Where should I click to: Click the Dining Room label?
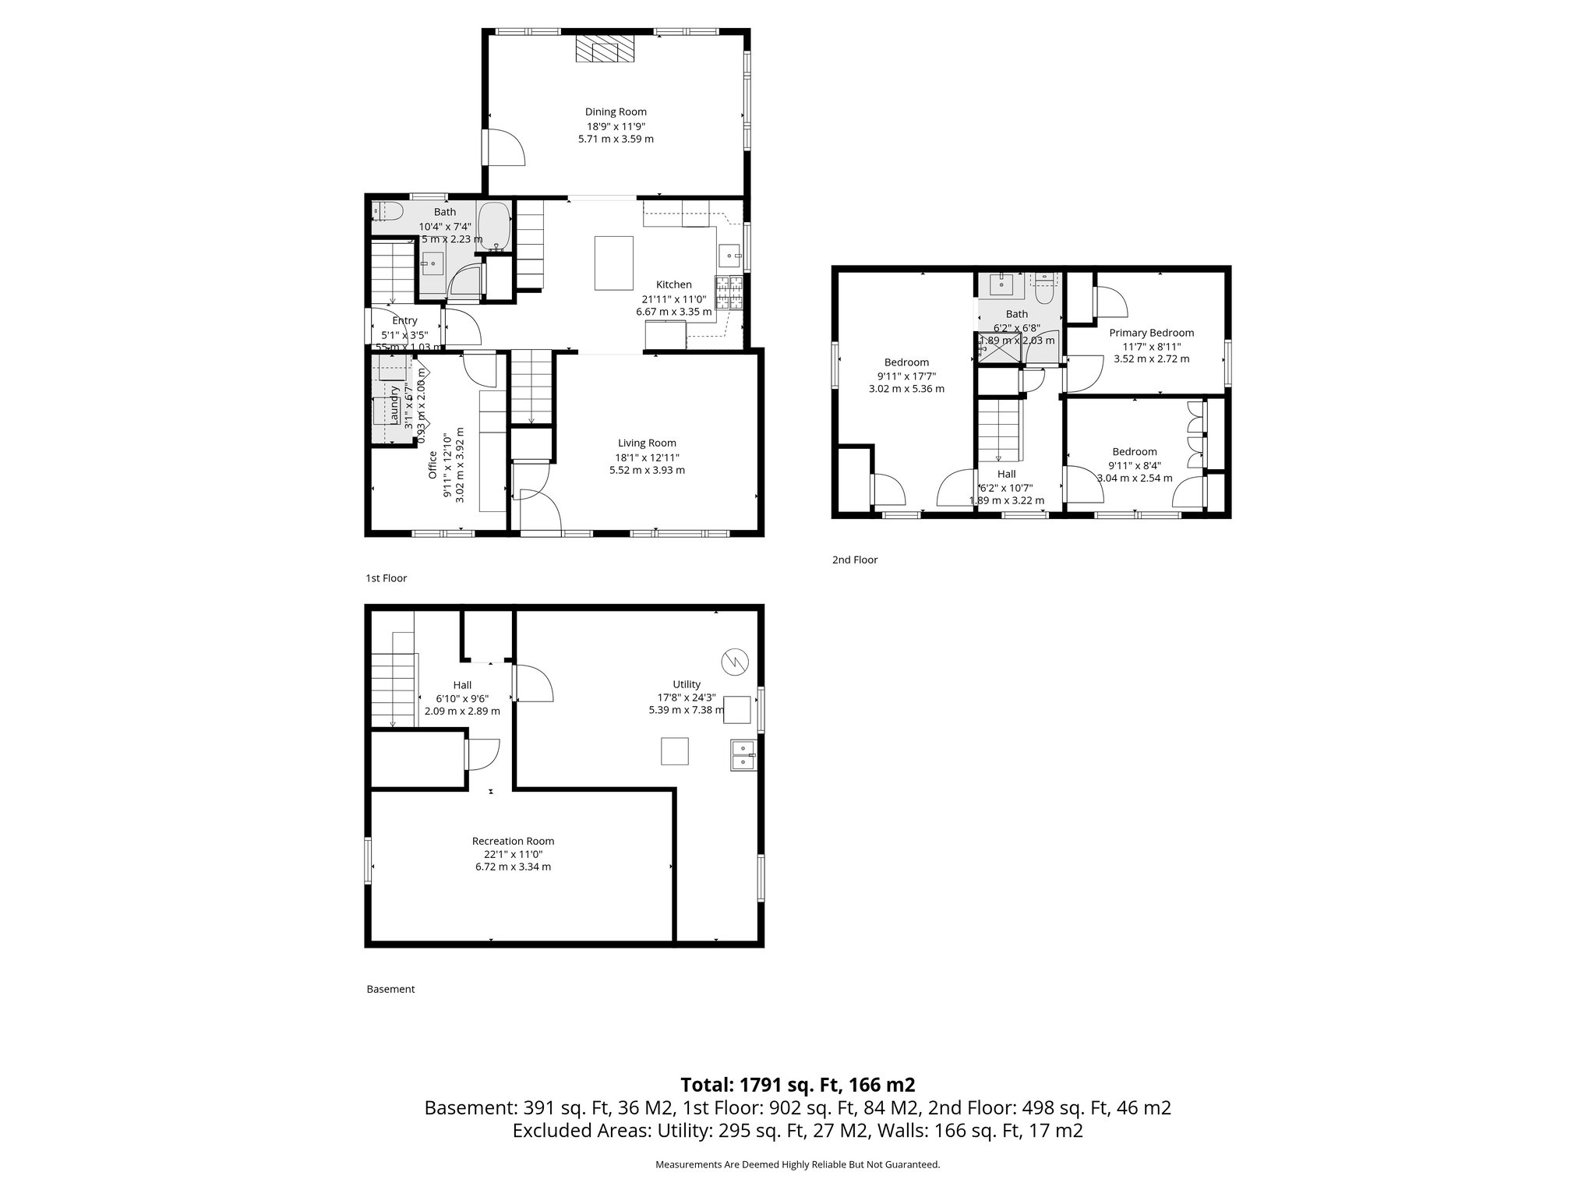(x=616, y=111)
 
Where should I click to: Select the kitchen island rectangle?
(x=614, y=263)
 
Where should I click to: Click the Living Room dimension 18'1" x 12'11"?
(x=647, y=457)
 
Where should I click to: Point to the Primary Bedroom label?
(x=1151, y=333)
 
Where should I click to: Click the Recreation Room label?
(x=513, y=841)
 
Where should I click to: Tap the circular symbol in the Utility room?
(x=735, y=662)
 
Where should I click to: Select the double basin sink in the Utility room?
(x=743, y=756)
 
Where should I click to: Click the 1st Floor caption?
(x=386, y=578)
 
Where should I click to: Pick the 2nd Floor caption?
(x=854, y=560)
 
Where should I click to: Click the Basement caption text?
(x=390, y=989)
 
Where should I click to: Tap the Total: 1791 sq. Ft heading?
(x=797, y=1085)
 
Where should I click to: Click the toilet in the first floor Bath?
(x=387, y=211)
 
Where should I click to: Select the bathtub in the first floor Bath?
(x=493, y=227)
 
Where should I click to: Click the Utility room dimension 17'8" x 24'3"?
(x=687, y=697)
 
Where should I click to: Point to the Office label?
(x=433, y=464)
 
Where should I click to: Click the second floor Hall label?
(x=1006, y=474)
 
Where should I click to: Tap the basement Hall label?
(x=462, y=685)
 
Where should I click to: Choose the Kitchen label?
(x=673, y=284)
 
